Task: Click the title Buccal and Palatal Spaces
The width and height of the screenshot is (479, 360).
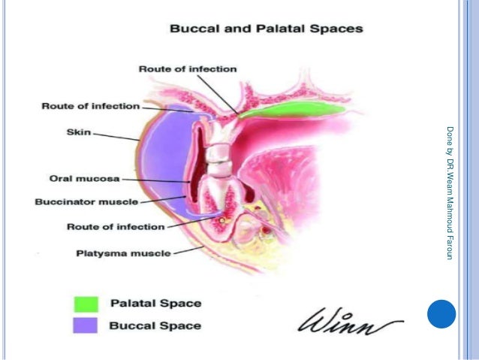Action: coord(267,29)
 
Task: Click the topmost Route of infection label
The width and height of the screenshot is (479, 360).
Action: coord(188,69)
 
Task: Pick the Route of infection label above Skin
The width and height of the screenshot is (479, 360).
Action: coord(91,106)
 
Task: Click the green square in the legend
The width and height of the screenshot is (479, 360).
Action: coord(86,304)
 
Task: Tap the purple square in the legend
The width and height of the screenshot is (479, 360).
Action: coord(86,325)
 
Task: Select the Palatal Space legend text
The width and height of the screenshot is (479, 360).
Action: coord(155,304)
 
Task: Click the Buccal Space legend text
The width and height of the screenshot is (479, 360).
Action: coord(155,325)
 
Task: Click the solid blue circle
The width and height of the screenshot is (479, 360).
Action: coord(441,315)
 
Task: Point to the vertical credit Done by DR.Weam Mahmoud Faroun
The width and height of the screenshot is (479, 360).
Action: coord(449,192)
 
